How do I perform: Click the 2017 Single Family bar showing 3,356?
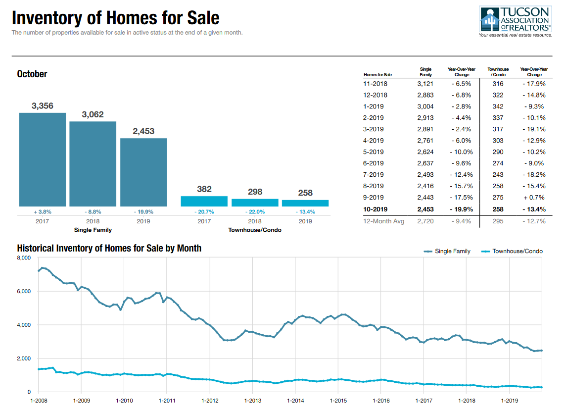coord(43,159)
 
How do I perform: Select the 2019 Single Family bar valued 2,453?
coord(143,172)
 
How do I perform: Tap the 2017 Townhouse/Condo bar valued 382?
coord(204,201)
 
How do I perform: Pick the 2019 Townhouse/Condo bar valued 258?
coord(305,203)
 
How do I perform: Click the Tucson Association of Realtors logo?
coord(515,22)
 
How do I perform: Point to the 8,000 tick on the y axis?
coord(24,258)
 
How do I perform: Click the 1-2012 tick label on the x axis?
coord(210,400)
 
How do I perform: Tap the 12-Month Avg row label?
coord(384,221)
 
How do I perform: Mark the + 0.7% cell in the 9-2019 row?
coord(534,198)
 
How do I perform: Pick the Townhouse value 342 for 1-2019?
coord(498,106)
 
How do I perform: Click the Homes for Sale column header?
coord(377,75)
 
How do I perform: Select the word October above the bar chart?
coord(32,74)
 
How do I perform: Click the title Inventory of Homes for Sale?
coord(116,18)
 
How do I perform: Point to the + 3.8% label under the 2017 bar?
coord(43,211)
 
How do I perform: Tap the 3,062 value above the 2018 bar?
coord(93,114)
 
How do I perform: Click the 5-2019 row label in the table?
coord(374,152)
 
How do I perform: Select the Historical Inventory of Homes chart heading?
coord(109,248)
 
